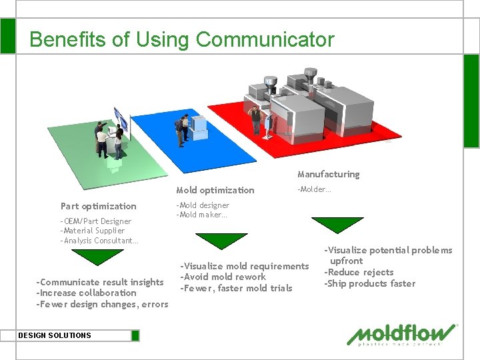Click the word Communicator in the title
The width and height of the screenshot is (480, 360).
[x=265, y=39]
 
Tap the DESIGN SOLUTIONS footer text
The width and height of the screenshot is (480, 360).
[x=55, y=335]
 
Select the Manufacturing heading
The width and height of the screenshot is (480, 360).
[x=328, y=174]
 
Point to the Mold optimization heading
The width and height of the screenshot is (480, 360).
[x=215, y=190]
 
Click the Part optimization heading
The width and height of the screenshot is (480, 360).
[x=98, y=206]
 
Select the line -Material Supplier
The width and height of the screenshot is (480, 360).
[x=92, y=231]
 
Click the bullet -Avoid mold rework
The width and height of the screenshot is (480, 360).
[x=223, y=277]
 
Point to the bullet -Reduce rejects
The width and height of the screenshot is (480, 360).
[x=359, y=272]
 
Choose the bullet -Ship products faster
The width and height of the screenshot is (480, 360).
[x=369, y=283]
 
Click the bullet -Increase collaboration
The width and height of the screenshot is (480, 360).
[x=86, y=293]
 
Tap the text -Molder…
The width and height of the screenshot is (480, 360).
[x=314, y=189]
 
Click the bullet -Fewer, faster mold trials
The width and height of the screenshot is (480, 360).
[x=236, y=288]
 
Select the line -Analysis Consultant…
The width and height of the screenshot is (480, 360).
[x=99, y=240]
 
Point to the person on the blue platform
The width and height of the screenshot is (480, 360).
[x=179, y=130]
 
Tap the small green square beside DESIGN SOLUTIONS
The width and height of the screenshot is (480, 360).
[x=135, y=335]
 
